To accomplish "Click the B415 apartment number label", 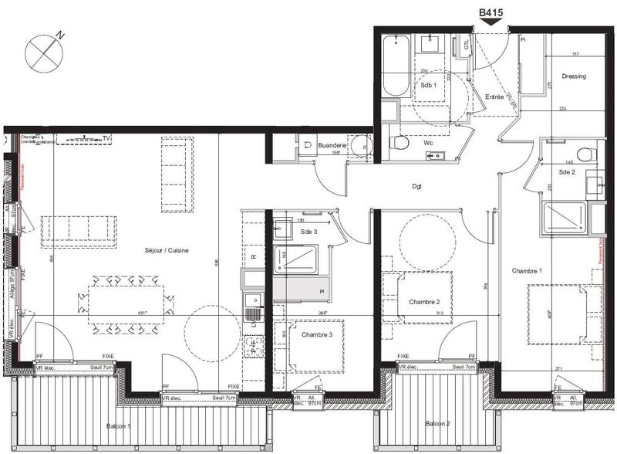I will pyautogui.click(x=491, y=12).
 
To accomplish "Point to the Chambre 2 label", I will pyautogui.click(x=424, y=301).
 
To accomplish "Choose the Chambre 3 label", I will pyautogui.click(x=317, y=334).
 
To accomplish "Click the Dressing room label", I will pyautogui.click(x=574, y=76).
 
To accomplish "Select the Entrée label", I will pyautogui.click(x=494, y=97).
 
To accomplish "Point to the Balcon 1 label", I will pyautogui.click(x=119, y=426).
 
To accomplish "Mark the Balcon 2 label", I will pyautogui.click(x=437, y=424).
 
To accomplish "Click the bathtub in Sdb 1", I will pyautogui.click(x=395, y=68).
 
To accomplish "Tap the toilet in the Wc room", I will pyautogui.click(x=399, y=142).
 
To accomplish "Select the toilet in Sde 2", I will pyautogui.click(x=584, y=151).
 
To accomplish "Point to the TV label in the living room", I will pyautogui.click(x=106, y=139).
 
